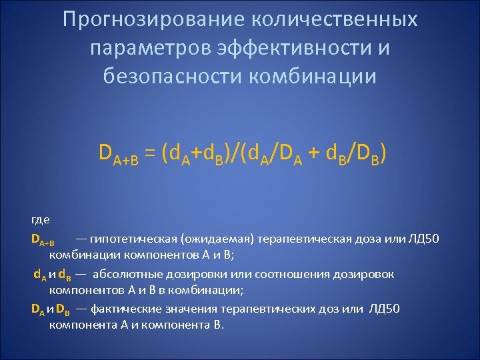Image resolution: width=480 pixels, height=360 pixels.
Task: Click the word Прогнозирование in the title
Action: tap(151, 19)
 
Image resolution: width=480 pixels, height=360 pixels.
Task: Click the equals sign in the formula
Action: tap(153, 155)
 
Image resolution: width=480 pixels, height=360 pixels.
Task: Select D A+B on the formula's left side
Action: tap(118, 156)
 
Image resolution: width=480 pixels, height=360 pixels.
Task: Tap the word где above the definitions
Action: tap(40, 219)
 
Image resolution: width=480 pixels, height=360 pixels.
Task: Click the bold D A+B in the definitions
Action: tap(44, 239)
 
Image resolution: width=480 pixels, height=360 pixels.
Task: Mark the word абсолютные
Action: tap(125, 273)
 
